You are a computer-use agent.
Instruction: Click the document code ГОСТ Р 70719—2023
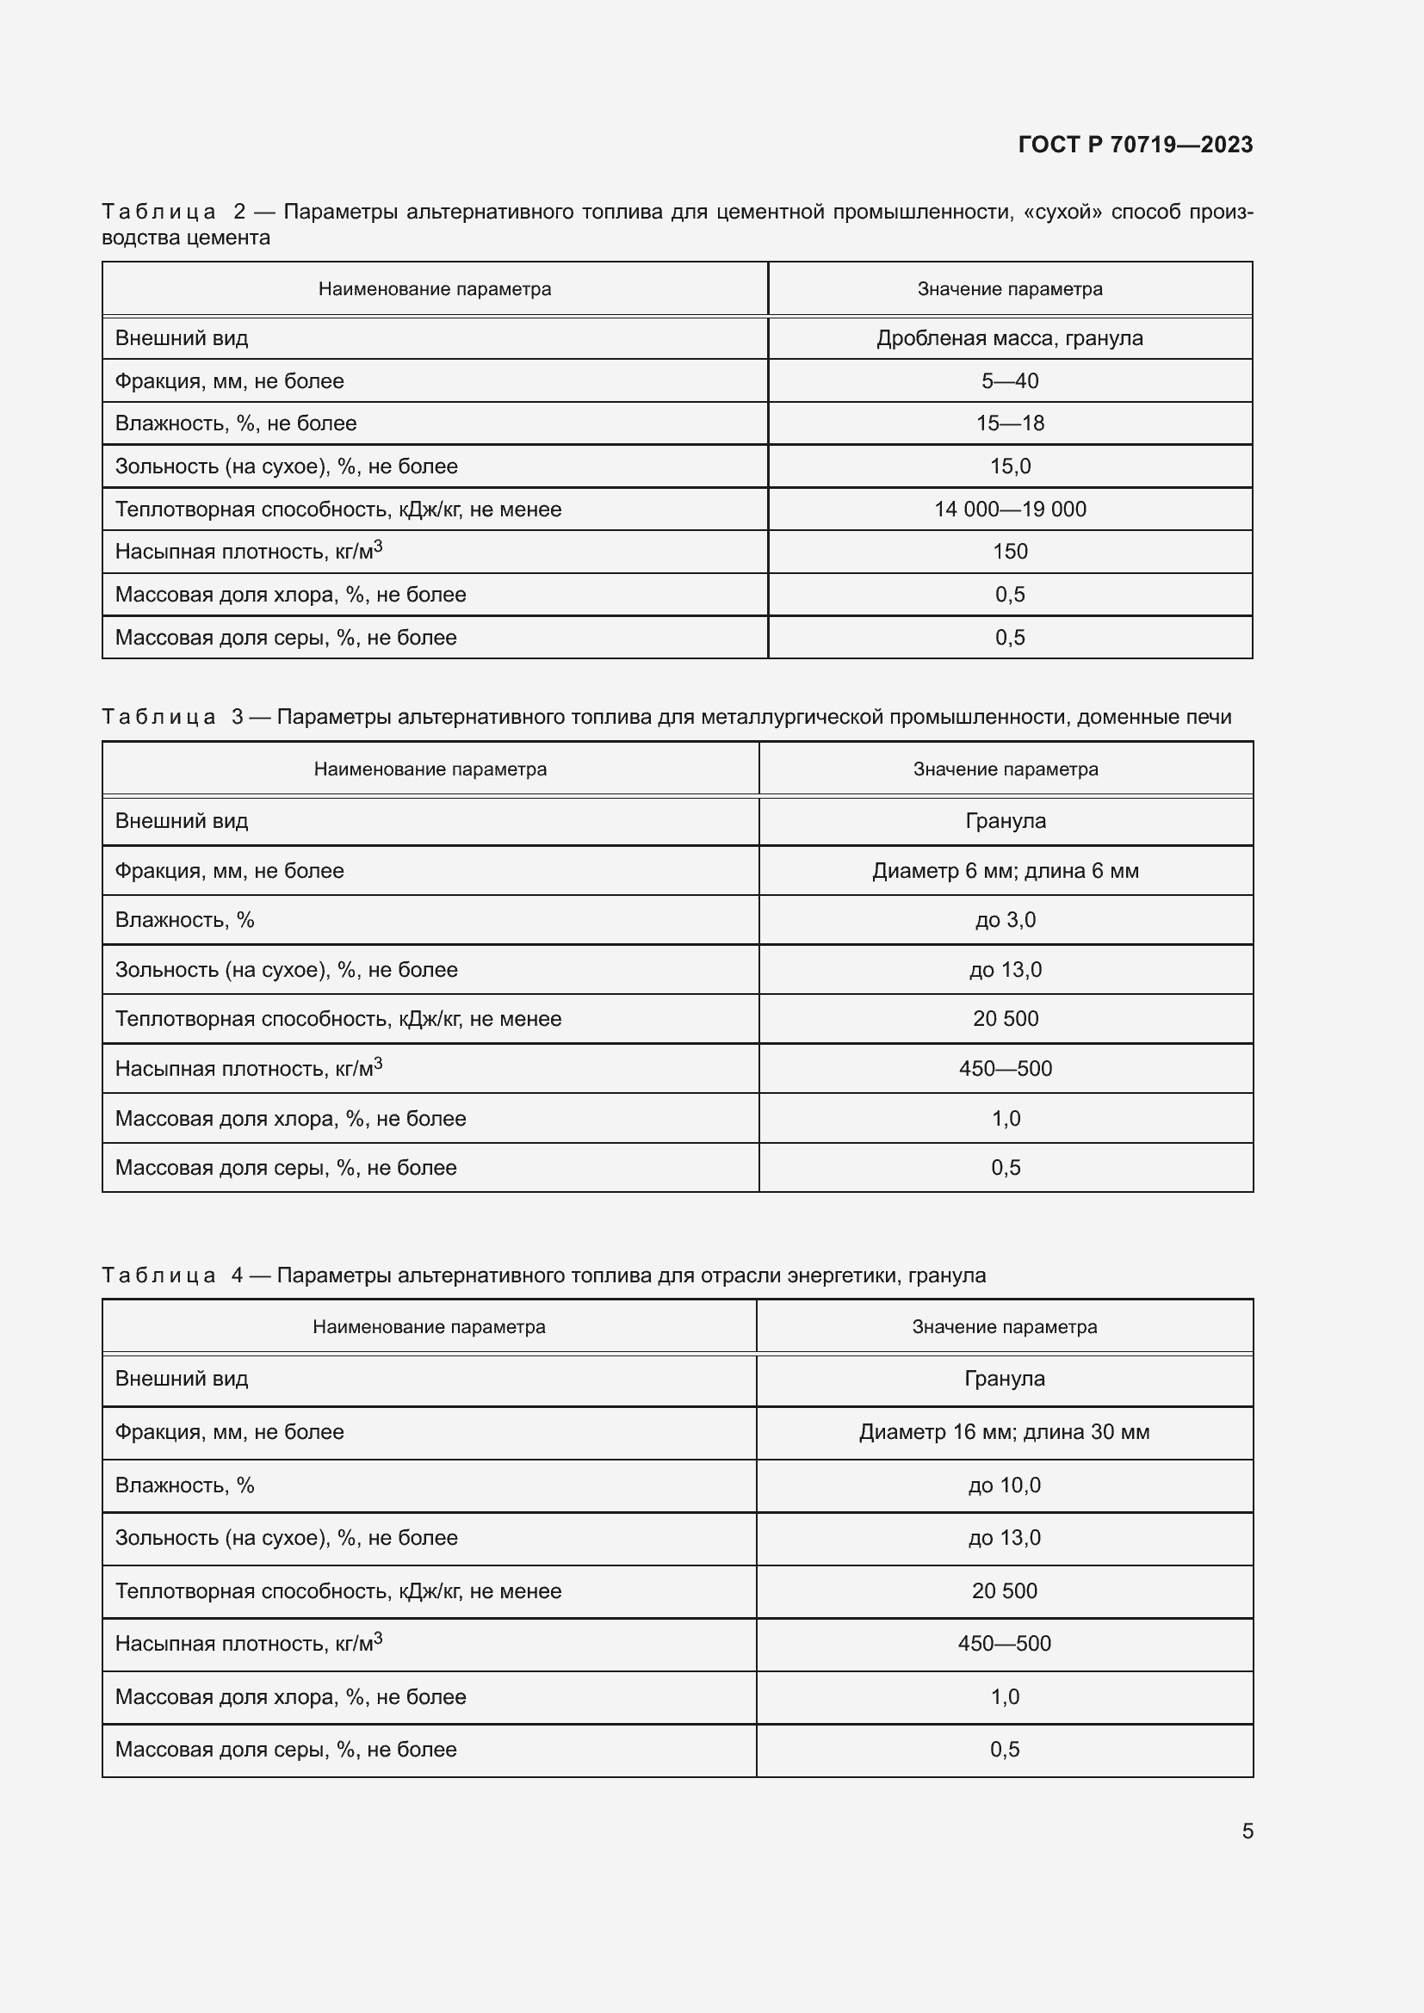coord(1135,145)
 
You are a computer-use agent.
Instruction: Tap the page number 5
coord(1247,1831)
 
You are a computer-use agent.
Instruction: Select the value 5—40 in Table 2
coord(1009,381)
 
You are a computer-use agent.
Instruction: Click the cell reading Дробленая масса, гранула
coord(1009,338)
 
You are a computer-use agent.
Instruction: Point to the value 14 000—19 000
coord(1009,509)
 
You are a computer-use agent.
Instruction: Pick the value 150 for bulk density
coord(1009,552)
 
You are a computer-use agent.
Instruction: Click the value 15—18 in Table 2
coord(1009,423)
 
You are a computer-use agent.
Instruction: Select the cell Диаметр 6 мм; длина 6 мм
coord(1005,871)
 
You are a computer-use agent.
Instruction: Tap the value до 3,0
coord(1005,920)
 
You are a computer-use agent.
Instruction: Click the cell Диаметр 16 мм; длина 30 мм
coord(1004,1432)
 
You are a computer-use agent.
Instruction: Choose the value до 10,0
coord(1004,1485)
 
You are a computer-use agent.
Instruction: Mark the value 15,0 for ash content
coord(1009,466)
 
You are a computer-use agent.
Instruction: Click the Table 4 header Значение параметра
coord(1004,1326)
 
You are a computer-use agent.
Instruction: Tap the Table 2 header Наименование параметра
coord(434,289)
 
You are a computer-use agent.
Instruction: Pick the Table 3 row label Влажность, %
coord(184,920)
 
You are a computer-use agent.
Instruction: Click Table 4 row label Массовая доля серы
coord(285,1749)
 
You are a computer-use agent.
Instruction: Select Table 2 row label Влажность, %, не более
coord(235,423)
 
